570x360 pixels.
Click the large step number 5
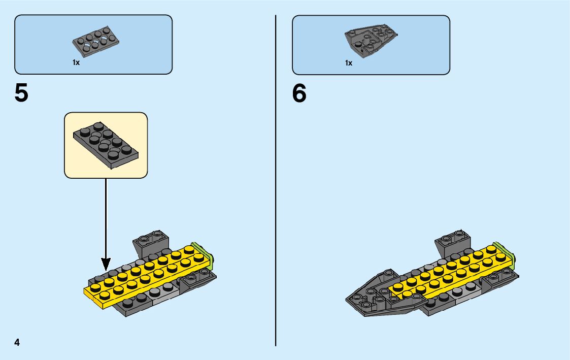click(x=21, y=93)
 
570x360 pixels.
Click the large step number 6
click(x=299, y=93)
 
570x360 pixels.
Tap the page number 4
click(x=17, y=342)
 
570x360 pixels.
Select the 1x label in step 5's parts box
click(x=76, y=63)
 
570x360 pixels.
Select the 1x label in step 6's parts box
click(x=349, y=63)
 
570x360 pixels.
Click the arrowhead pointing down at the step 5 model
click(x=106, y=264)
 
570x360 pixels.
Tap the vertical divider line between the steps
click(x=276, y=203)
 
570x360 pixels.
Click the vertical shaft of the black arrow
click(x=106, y=218)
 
